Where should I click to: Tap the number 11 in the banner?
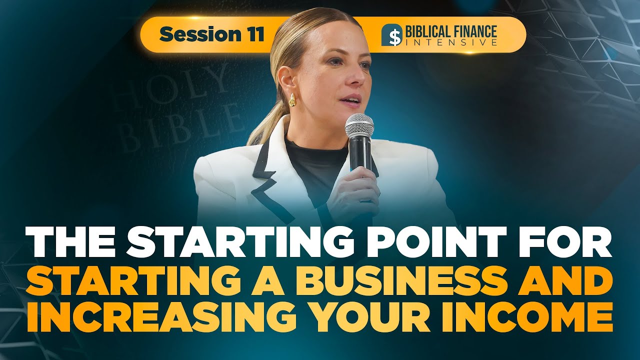point(253,34)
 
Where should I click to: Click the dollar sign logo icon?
point(392,35)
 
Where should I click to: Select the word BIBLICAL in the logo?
point(428,31)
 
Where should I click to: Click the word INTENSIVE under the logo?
point(451,42)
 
